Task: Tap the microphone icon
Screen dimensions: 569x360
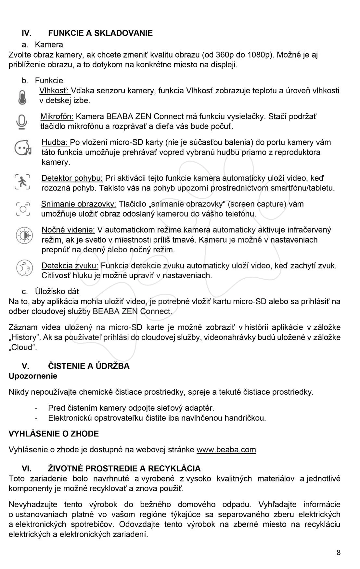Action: (x=22, y=122)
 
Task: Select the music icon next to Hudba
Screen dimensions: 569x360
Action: (x=23, y=148)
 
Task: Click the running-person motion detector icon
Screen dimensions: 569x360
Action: (x=22, y=182)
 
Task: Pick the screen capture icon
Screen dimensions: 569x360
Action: (x=23, y=208)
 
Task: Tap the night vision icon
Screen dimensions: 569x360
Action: (x=24, y=235)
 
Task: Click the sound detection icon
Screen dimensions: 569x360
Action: (x=24, y=268)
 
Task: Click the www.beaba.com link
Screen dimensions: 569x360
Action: (x=226, y=450)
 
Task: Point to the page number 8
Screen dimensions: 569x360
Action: (x=339, y=552)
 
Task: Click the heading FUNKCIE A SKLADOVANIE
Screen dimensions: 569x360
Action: (x=100, y=33)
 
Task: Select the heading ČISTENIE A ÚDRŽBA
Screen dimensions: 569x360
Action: (x=89, y=366)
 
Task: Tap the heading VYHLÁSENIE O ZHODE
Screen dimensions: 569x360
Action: (x=54, y=434)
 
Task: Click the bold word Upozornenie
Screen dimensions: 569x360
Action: (x=33, y=376)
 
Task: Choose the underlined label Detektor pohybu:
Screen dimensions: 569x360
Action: (x=72, y=178)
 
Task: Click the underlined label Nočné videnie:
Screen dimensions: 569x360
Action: (x=68, y=230)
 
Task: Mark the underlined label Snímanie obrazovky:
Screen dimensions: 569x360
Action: (x=78, y=204)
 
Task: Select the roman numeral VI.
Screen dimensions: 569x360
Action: (x=26, y=469)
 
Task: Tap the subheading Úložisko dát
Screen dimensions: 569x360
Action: (x=57, y=292)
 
